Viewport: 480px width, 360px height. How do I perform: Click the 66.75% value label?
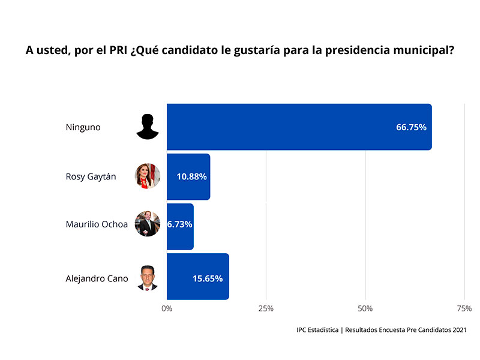[411, 127]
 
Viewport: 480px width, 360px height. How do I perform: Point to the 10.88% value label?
[191, 177]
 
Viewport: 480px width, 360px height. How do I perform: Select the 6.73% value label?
[180, 227]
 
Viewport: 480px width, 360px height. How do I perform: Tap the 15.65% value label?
[208, 278]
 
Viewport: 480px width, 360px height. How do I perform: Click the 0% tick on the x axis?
[167, 308]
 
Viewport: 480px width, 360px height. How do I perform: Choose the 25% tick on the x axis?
[266, 308]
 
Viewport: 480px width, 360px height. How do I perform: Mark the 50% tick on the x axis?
[365, 308]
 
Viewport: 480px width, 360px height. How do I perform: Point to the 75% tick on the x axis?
[464, 308]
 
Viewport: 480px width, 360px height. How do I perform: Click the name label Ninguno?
[83, 127]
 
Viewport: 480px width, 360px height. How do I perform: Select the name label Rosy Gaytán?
[91, 177]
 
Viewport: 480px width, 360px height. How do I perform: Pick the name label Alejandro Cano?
[97, 278]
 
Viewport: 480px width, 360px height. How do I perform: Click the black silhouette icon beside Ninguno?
[148, 127]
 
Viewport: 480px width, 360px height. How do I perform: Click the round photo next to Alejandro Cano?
[148, 278]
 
